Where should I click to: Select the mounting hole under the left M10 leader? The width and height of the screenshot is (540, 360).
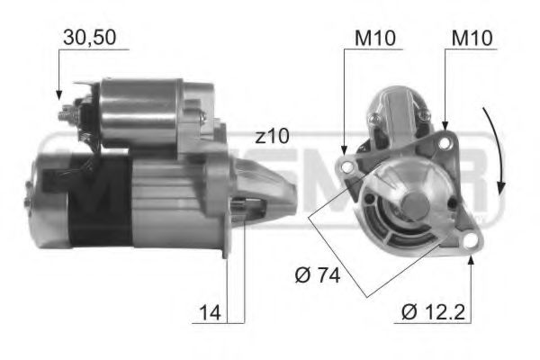pos(346,166)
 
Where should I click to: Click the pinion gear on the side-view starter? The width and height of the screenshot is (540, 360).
pos(241,204)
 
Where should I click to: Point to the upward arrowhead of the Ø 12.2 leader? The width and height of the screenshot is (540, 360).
pos(472,260)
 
